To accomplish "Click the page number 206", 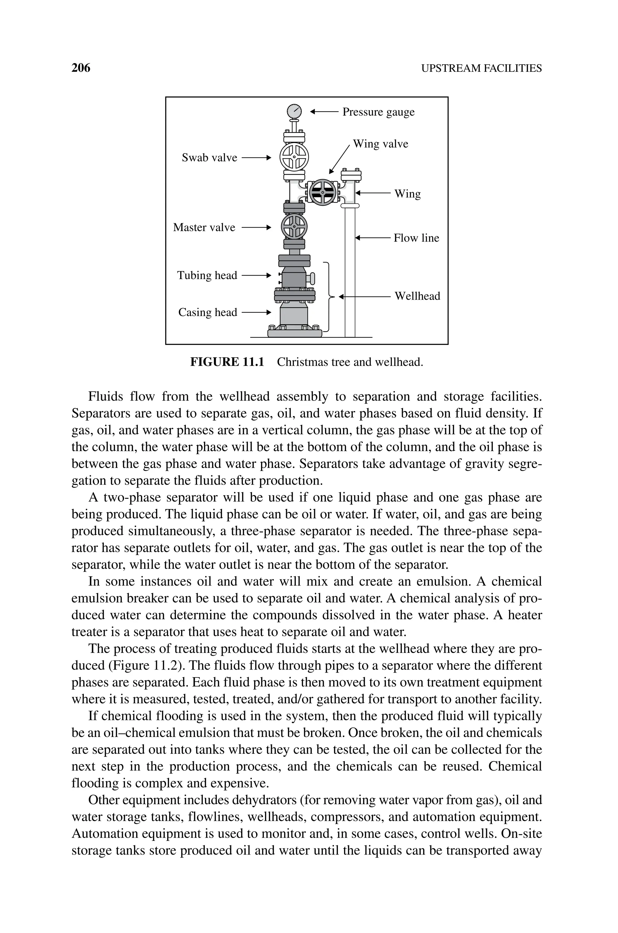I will [81, 68].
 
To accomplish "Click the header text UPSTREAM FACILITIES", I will [481, 68].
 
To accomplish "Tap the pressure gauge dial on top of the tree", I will [294, 111].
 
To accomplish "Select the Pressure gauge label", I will [378, 112].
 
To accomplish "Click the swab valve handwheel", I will [294, 157].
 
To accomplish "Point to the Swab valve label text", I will [209, 158].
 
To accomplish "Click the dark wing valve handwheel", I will [322, 192].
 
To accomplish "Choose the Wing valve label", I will [380, 144].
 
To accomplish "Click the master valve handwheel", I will [294, 227].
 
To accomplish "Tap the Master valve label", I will [204, 227].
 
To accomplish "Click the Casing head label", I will [208, 312].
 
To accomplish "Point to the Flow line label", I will [416, 238].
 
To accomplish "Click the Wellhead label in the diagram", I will [417, 296].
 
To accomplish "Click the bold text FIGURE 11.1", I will [227, 362].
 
